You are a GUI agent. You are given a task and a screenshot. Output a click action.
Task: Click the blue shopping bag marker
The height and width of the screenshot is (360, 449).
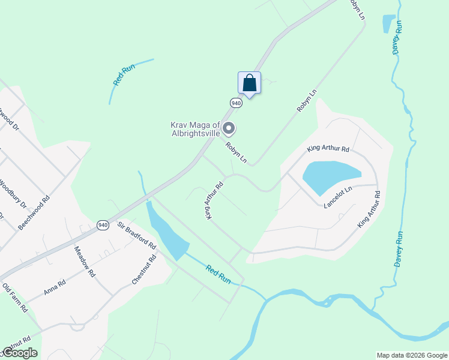pyautogui.click(x=249, y=83)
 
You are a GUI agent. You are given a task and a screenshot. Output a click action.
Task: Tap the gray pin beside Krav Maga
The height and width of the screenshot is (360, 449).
pyautogui.click(x=229, y=128)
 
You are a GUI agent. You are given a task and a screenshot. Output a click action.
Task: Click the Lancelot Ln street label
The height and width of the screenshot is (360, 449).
pyautogui.click(x=337, y=197)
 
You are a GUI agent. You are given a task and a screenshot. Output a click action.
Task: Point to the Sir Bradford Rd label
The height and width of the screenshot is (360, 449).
pyautogui.click(x=137, y=235)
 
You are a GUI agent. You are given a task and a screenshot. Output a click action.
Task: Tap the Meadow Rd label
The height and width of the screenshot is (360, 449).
pyautogui.click(x=85, y=260)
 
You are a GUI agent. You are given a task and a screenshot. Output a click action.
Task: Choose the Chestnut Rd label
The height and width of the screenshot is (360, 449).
pyautogui.click(x=144, y=269)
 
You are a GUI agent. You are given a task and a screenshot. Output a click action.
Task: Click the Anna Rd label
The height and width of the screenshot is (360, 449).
pyautogui.click(x=54, y=287)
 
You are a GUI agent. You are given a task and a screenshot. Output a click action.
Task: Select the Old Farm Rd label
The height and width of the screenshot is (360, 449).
pyautogui.click(x=15, y=298)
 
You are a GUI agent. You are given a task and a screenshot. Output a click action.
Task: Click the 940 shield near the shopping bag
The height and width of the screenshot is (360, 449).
pyautogui.click(x=236, y=103)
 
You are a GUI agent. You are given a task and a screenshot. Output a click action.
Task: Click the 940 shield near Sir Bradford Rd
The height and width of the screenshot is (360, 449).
pyautogui.click(x=103, y=224)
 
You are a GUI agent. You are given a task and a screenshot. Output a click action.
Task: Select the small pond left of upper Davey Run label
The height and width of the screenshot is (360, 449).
pyautogui.click(x=388, y=24)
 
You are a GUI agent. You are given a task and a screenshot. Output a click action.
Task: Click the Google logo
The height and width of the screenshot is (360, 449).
pyautogui.click(x=19, y=353)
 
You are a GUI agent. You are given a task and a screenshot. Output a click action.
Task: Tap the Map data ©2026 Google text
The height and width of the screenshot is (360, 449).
pyautogui.click(x=412, y=355)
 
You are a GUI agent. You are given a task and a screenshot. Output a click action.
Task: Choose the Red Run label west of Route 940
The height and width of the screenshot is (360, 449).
pyautogui.click(x=124, y=75)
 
